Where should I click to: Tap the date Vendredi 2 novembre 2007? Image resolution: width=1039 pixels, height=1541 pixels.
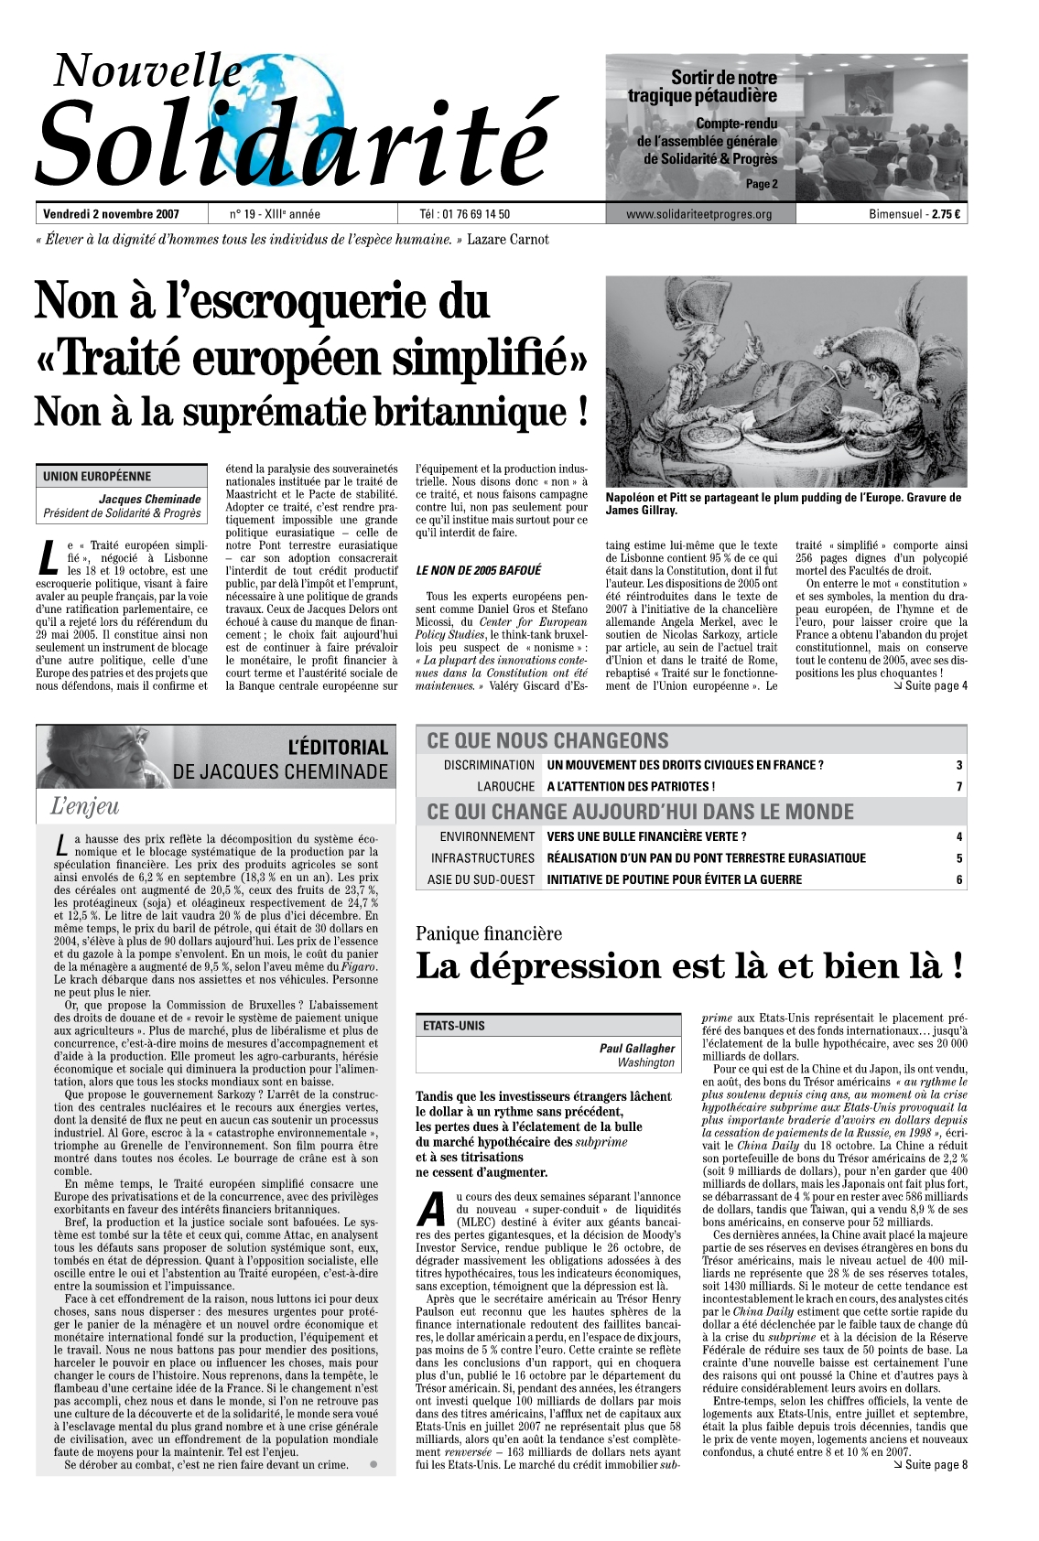(x=111, y=215)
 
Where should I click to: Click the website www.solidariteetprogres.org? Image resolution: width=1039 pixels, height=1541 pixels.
(x=699, y=215)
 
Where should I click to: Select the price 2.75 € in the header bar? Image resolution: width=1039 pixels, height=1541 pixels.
(x=946, y=215)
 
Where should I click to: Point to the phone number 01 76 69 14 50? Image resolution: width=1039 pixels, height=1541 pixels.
(x=478, y=215)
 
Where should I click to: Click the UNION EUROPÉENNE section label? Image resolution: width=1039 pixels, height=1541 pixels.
(x=97, y=476)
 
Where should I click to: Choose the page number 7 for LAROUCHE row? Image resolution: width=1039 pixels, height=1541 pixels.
(x=958, y=787)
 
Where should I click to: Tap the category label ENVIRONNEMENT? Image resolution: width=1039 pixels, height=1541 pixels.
(x=487, y=836)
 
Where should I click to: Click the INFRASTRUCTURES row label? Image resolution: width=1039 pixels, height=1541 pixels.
(x=482, y=858)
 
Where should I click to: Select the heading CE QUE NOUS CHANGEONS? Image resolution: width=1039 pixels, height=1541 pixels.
(x=547, y=740)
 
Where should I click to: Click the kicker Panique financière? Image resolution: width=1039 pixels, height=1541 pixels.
(x=489, y=934)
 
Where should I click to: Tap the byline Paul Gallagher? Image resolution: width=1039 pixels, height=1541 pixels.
(x=637, y=1048)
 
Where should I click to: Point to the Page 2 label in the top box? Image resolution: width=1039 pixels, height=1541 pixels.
(x=762, y=184)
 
